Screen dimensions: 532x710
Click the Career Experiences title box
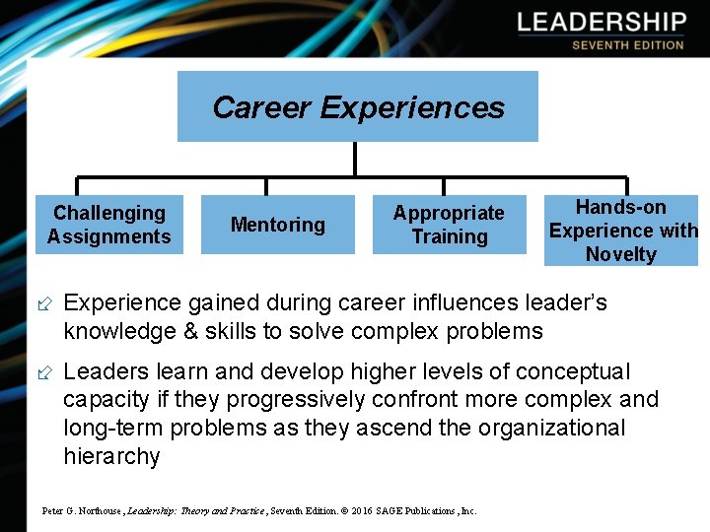pyautogui.click(x=357, y=106)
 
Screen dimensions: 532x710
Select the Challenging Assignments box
pyautogui.click(x=109, y=225)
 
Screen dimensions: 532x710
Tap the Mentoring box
pyautogui.click(x=277, y=225)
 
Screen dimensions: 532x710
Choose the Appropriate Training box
pyautogui.click(x=449, y=225)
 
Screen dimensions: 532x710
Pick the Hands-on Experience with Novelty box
pyautogui.click(x=621, y=231)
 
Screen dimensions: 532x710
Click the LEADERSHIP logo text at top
pyautogui.click(x=602, y=23)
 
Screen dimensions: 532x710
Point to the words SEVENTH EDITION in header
pyautogui.click(x=627, y=45)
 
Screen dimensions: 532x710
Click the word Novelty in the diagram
pyautogui.click(x=621, y=254)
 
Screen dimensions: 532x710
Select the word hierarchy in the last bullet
pyautogui.click(x=111, y=456)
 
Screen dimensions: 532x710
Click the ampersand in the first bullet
pyautogui.click(x=191, y=331)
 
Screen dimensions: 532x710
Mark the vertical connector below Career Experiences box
pyautogui.click(x=354, y=160)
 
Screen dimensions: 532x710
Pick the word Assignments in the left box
pyautogui.click(x=109, y=236)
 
